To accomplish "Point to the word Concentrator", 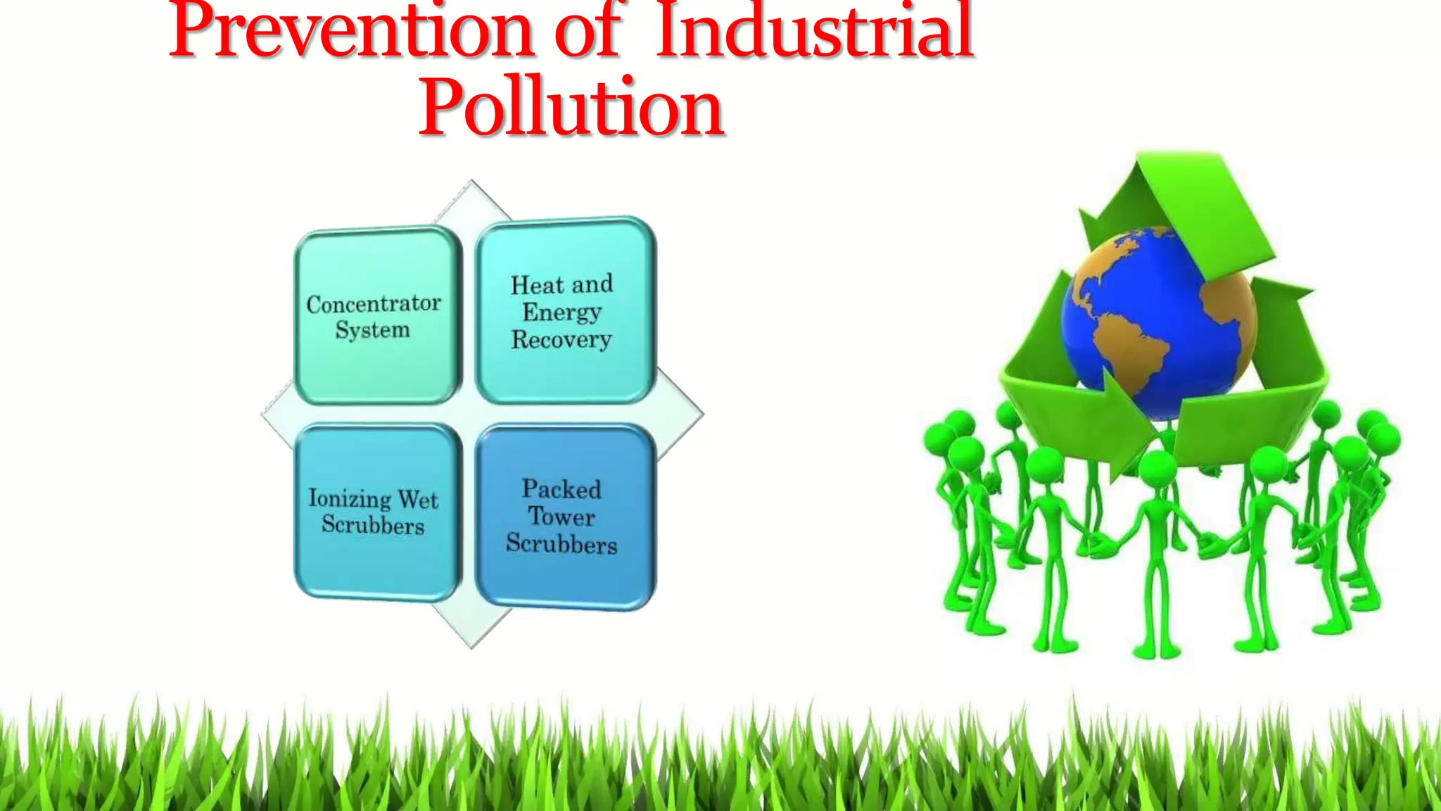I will point(374,303).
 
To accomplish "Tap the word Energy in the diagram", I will point(561,312).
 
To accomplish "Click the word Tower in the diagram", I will point(561,517).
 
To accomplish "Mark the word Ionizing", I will point(350,498).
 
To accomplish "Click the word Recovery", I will point(561,339).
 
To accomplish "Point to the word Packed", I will point(561,489).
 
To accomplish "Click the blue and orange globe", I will point(1161,320).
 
